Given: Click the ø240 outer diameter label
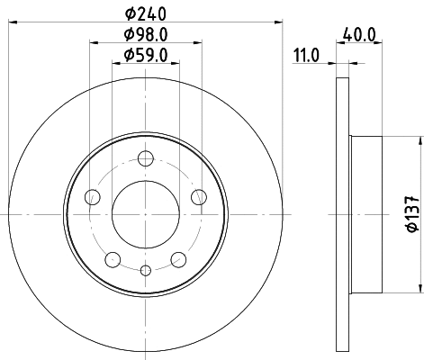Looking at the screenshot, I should [x=145, y=13].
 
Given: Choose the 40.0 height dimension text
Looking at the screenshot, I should [x=356, y=38].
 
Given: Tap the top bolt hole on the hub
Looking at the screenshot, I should [x=145, y=160].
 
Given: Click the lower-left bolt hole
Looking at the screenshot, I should [x=113, y=260].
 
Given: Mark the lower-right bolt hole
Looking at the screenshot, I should [x=177, y=260].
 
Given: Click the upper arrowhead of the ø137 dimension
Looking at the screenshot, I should [x=419, y=140].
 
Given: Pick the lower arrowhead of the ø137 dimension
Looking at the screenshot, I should [x=419, y=289].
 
